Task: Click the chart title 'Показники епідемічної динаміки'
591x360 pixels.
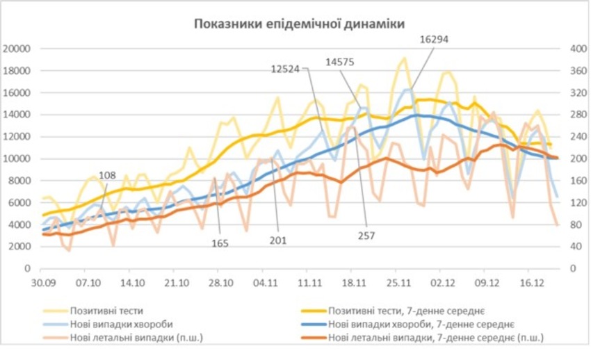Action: coord(299,24)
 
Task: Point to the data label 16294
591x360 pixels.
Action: coord(434,40)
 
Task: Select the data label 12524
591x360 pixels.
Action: coord(289,68)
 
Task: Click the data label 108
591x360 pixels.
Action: coord(108,175)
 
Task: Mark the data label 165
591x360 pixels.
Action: coord(220,243)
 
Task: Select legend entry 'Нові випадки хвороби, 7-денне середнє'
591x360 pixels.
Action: coord(421,325)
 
